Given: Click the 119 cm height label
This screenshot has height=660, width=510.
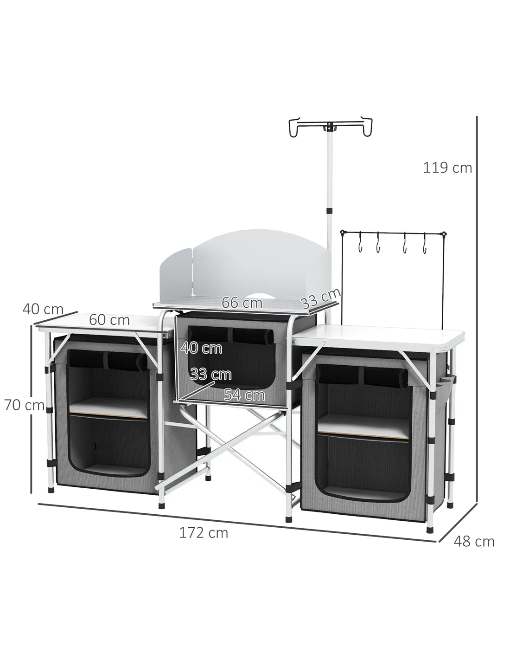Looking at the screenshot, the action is [x=447, y=168].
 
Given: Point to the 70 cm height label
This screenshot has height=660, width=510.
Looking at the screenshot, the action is [x=24, y=405].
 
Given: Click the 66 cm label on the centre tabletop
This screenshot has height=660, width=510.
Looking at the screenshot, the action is [x=242, y=303].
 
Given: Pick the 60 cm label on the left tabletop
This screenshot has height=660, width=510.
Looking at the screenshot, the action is [x=109, y=320].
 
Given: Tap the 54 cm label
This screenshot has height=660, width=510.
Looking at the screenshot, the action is [x=244, y=395].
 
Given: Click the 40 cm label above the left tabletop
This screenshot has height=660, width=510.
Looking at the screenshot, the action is [x=43, y=309].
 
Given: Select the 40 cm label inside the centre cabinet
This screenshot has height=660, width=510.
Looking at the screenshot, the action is [x=202, y=348].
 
